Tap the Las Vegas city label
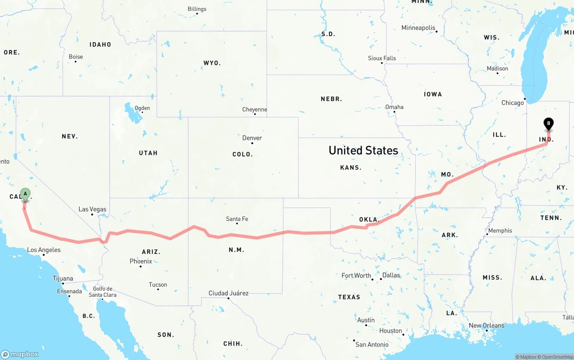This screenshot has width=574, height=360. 92,209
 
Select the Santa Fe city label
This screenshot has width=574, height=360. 237,219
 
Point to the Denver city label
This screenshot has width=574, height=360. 252,138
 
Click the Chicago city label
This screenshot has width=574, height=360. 513,103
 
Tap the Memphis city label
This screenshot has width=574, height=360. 500,230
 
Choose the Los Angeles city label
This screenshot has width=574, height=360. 44,250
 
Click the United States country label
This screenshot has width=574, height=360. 363,150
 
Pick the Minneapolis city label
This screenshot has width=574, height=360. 418,28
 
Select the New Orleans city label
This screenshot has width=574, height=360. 487,325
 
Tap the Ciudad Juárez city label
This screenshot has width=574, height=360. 228,293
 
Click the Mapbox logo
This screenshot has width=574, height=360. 20,354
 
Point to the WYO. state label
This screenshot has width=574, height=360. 212,63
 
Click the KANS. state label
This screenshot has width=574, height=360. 351,167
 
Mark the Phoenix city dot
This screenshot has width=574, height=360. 140,266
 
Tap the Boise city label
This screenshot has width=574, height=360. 76,57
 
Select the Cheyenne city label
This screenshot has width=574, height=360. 255,109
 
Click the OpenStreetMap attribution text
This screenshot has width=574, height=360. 556,357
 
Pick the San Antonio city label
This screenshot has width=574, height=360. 372,344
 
